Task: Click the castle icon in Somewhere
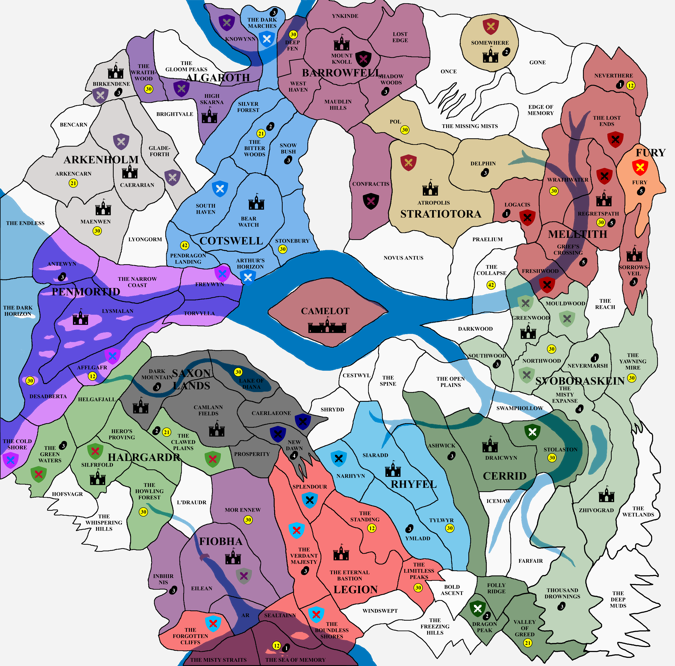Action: [x=491, y=55]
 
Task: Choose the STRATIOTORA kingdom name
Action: [x=441, y=214]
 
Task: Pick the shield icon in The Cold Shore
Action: [x=10, y=460]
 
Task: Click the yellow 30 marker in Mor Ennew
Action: [x=248, y=520]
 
